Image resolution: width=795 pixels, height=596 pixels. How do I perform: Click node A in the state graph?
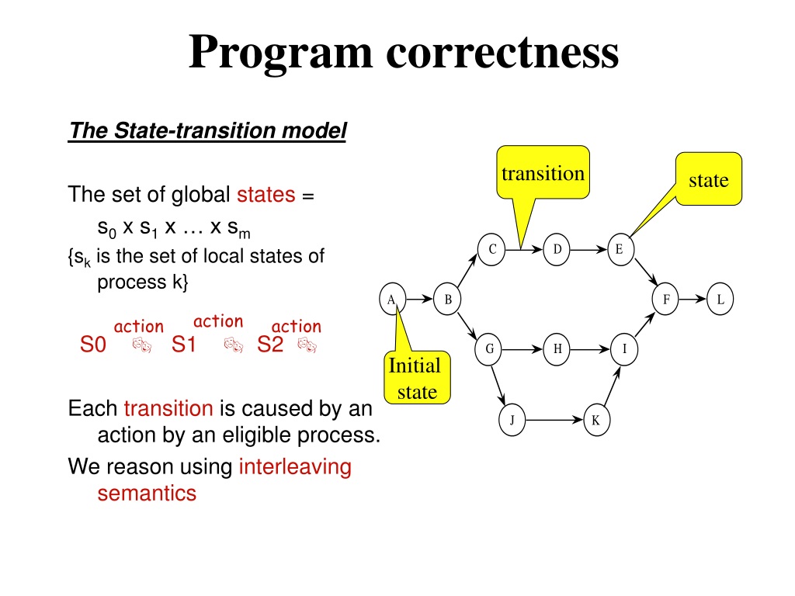[392, 299]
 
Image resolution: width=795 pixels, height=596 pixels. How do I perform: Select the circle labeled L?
[720, 299]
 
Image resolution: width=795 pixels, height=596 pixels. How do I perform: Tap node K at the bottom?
[596, 420]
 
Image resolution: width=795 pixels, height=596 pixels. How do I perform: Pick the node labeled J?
[512, 420]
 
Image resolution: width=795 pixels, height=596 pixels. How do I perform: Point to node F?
[665, 299]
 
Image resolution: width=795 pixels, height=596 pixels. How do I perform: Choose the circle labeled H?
[557, 348]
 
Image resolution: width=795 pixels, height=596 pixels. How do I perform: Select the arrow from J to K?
[554, 420]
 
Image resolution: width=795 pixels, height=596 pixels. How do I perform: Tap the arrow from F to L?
[693, 299]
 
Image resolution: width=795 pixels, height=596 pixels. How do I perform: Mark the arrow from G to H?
[522, 348]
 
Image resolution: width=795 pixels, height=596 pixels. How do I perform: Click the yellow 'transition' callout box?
[543, 172]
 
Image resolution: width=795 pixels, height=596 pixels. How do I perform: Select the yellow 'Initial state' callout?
[417, 378]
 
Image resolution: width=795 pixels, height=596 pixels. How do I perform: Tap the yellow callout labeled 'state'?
[709, 179]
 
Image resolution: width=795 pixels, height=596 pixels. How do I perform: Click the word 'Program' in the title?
[280, 53]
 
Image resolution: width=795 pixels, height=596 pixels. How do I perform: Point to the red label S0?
[93, 345]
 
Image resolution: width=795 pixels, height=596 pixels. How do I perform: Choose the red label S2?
[269, 345]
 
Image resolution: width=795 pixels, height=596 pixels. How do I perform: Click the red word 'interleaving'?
[295, 466]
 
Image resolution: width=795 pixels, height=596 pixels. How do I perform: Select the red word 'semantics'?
[147, 493]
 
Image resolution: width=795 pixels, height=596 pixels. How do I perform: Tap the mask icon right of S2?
[307, 345]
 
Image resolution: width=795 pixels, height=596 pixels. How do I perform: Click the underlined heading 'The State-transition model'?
[207, 130]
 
